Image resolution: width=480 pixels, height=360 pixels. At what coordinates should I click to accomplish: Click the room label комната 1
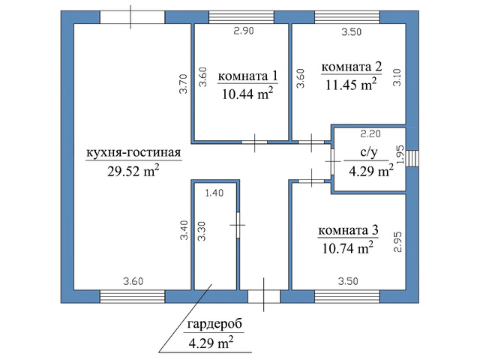[247, 76]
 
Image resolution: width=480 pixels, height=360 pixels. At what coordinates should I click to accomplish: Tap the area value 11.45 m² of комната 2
[351, 85]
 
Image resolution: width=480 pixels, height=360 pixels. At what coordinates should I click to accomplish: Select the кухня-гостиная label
[133, 152]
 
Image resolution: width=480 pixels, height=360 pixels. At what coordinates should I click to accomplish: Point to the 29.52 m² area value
[133, 171]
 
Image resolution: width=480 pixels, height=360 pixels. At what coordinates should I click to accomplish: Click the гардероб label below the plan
[214, 323]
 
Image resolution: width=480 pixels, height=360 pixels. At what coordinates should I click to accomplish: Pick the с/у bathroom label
[368, 151]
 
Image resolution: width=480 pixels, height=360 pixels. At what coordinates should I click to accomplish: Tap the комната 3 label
[348, 230]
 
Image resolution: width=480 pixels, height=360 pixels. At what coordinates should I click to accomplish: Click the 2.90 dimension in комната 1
[244, 31]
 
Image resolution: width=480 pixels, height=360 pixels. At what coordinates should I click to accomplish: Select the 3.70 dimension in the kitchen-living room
[183, 83]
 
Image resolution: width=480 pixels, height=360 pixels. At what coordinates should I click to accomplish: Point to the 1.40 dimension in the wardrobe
[214, 193]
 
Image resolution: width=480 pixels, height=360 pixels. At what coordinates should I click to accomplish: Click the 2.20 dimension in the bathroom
[370, 133]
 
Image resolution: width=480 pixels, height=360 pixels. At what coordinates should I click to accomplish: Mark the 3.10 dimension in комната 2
[397, 77]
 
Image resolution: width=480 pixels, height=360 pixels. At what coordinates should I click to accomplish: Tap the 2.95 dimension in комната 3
[397, 241]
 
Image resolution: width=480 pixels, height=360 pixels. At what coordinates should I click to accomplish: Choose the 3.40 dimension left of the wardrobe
[184, 230]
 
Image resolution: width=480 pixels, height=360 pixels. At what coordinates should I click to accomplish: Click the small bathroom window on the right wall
[412, 158]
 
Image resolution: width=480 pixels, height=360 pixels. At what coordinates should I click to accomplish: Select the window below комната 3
[347, 297]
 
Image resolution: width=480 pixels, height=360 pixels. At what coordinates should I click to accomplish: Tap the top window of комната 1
[241, 17]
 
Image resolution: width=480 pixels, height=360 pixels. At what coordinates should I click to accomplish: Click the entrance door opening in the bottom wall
[264, 297]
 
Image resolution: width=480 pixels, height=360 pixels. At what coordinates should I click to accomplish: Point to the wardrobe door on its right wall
[238, 225]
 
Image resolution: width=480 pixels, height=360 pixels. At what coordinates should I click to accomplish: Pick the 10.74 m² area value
[348, 248]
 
